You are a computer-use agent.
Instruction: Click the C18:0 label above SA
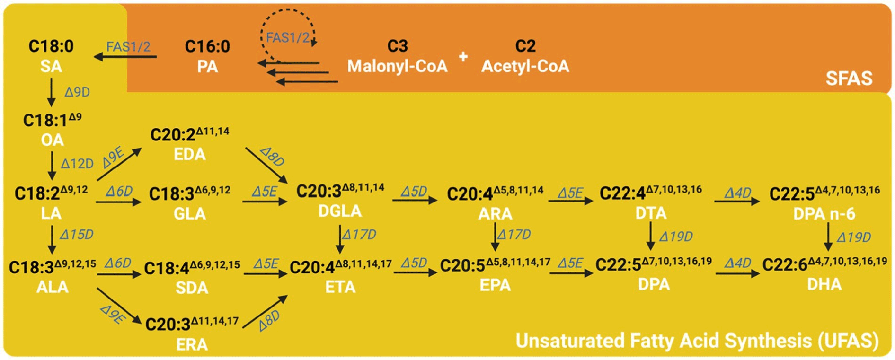pos(51,46)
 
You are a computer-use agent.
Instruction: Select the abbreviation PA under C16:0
pos(207,66)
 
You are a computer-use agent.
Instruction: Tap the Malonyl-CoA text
pos(397,66)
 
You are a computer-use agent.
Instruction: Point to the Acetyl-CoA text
pos(525,66)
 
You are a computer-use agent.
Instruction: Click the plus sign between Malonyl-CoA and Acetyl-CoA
pos(463,57)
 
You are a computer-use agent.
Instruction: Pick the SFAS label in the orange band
pos(849,78)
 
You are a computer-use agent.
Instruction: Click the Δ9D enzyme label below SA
pos(77,92)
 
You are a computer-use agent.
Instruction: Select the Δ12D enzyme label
pos(77,164)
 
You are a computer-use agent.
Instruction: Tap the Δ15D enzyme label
pos(77,235)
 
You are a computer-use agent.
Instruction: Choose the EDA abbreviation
pos(189,154)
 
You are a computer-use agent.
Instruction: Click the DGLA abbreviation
pos(340,211)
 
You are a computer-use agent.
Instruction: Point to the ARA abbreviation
pos(495,214)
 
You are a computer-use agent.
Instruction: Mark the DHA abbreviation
pos(824,284)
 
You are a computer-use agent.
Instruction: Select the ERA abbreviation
pos(192,344)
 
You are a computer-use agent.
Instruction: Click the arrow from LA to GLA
pos(118,202)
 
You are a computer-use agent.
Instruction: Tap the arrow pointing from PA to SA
pos(125,57)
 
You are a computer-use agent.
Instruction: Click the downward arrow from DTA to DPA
pos(651,236)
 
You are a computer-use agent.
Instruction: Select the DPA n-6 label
pos(824,214)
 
